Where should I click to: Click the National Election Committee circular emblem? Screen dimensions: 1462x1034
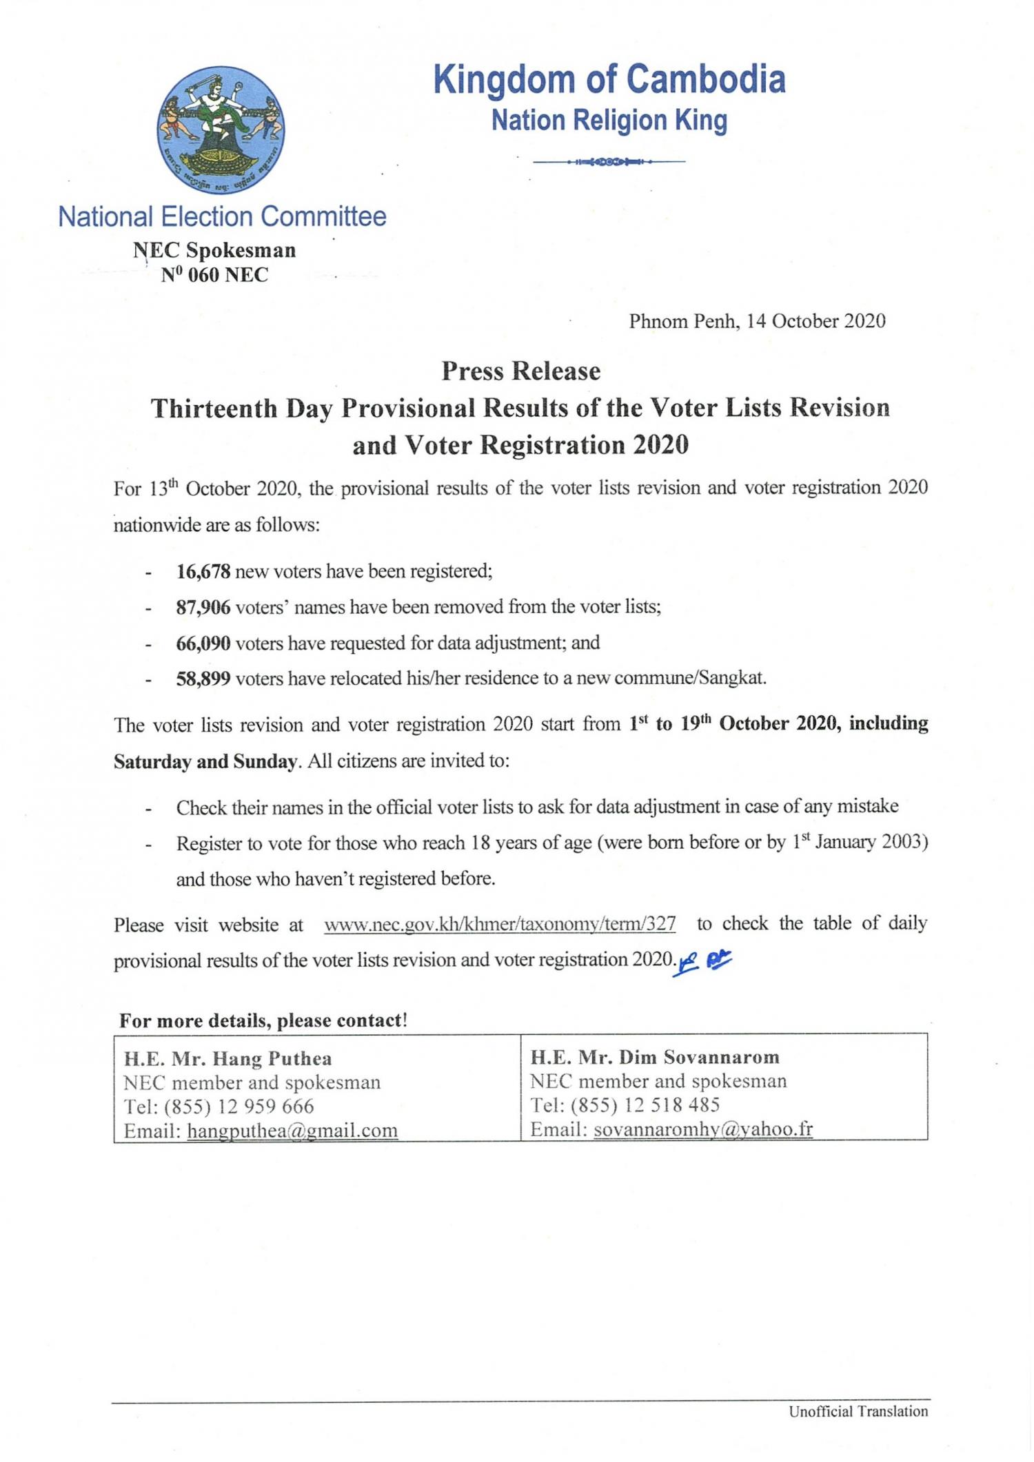tap(221, 130)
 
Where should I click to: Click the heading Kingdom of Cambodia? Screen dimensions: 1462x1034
tap(609, 79)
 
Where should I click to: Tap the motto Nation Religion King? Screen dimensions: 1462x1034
tap(609, 121)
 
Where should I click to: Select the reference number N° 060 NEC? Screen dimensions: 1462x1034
tap(214, 275)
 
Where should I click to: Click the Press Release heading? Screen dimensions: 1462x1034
tap(521, 371)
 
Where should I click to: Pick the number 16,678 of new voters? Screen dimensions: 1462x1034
tap(203, 571)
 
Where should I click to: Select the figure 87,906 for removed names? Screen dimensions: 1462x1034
tap(203, 607)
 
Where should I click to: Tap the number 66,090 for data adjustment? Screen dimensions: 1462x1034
tap(203, 643)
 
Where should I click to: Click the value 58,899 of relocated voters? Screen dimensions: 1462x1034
tap(203, 679)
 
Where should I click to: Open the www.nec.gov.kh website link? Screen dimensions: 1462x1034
tap(500, 924)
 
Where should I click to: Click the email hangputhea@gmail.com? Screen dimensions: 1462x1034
tap(292, 1131)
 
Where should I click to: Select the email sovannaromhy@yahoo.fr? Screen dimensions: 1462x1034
tap(703, 1129)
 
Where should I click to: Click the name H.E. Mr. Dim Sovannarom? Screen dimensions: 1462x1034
tap(655, 1058)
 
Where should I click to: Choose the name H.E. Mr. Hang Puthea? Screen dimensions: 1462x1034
tap(227, 1059)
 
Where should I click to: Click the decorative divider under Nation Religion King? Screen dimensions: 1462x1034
tap(609, 162)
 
